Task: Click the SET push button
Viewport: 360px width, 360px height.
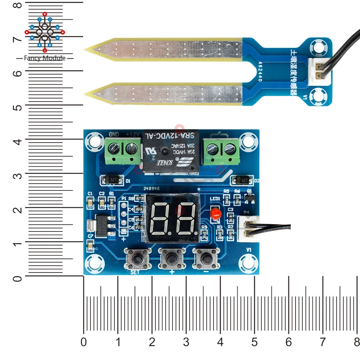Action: pos(137,258)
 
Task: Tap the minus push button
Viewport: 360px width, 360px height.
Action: pos(206,258)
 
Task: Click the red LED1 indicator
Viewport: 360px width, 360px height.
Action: pos(215,214)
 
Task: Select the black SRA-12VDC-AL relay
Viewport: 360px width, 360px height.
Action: pos(170,152)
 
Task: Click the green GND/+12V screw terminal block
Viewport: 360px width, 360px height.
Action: pos(122,151)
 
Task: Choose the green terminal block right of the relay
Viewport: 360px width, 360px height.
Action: pos(220,151)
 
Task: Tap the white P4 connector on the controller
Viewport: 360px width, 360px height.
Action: pos(246,229)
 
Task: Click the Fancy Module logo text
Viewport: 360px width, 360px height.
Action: pos(45,58)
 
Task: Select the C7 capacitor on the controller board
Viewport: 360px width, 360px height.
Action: pos(90,246)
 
